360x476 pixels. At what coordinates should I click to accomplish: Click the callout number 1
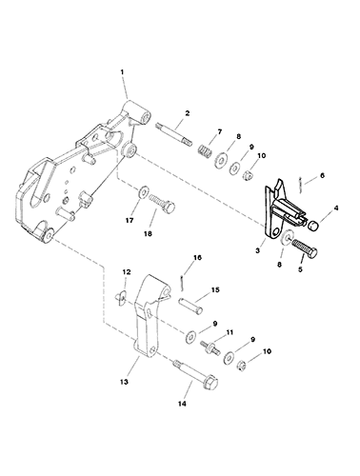122,72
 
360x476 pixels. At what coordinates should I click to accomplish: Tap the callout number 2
188,113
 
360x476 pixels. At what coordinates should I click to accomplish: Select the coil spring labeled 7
206,150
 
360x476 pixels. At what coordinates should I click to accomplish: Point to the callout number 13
124,382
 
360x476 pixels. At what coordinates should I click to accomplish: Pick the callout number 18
148,234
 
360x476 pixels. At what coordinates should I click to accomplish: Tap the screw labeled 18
162,204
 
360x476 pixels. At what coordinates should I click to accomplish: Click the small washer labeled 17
144,191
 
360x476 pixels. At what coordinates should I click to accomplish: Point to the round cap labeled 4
313,227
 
